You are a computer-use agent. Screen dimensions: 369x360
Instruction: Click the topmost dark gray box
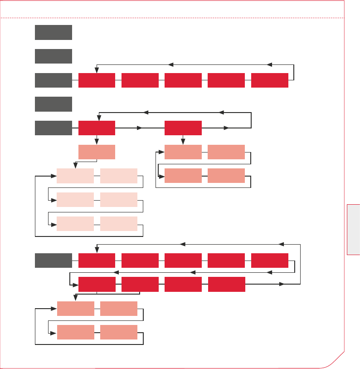point(54,32)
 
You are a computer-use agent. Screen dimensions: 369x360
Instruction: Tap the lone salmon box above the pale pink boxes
point(97,152)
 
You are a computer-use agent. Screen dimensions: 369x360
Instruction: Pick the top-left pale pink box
point(75,176)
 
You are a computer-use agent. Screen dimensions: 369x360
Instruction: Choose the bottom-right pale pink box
point(119,224)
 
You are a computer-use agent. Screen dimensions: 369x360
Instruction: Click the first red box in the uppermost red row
point(97,80)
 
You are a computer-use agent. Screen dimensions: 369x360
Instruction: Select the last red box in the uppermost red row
point(269,80)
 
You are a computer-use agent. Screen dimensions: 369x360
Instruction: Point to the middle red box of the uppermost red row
point(183,80)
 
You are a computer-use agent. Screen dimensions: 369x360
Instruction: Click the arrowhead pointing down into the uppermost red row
point(97,70)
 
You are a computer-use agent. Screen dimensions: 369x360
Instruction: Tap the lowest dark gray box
point(54,261)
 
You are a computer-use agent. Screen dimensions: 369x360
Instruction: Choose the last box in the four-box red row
point(226,284)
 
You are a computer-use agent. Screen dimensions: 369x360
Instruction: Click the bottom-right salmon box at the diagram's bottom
point(119,332)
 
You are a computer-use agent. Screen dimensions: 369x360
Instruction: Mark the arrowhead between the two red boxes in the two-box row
point(140,128)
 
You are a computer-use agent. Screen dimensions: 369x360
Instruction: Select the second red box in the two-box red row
point(183,128)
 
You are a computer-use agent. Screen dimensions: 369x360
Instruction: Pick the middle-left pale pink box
point(75,200)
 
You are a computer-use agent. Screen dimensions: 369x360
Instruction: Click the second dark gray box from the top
point(54,56)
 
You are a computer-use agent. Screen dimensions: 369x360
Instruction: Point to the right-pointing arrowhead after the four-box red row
point(282,284)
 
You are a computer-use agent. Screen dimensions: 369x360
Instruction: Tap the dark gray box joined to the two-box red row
point(54,128)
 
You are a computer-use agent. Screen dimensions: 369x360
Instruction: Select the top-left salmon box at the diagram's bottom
point(75,309)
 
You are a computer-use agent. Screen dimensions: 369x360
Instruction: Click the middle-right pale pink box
point(119,200)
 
